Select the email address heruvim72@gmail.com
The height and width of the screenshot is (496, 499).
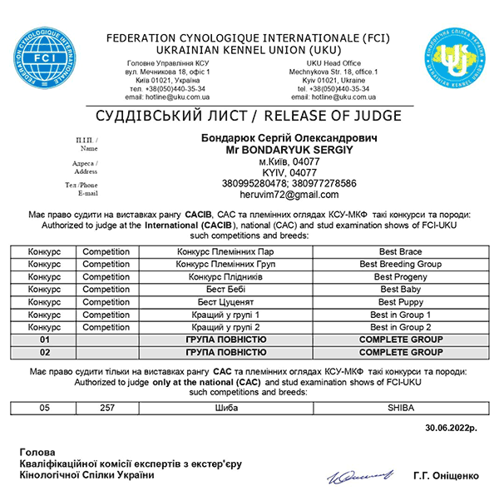pyautogui.click(x=289, y=194)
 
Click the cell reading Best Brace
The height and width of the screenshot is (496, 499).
pyautogui.click(x=400, y=252)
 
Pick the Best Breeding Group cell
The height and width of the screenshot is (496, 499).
pyautogui.click(x=400, y=264)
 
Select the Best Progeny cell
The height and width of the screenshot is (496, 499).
pyautogui.click(x=400, y=276)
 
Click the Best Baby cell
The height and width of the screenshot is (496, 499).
pyautogui.click(x=400, y=289)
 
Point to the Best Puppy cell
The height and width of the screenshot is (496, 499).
pyautogui.click(x=400, y=302)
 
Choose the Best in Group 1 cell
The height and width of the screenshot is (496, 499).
pyautogui.click(x=400, y=315)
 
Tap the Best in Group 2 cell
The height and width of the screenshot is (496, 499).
pyautogui.click(x=400, y=327)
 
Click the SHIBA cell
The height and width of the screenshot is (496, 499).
pyautogui.click(x=400, y=409)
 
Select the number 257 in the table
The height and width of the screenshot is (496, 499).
pyautogui.click(x=106, y=409)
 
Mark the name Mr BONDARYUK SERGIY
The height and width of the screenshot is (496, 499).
pyautogui.click(x=289, y=149)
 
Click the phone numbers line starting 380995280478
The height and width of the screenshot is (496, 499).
pyautogui.click(x=289, y=183)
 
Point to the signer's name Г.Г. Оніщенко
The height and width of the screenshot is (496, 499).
pyautogui.click(x=445, y=475)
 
